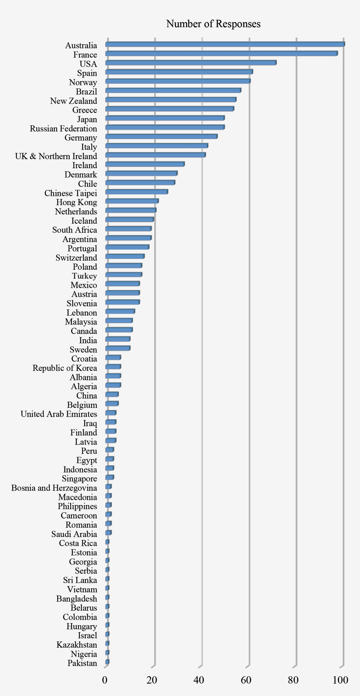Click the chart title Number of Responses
click(x=213, y=24)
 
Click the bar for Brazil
click(x=173, y=91)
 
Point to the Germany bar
click(x=161, y=137)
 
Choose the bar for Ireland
click(x=145, y=164)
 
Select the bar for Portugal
click(x=127, y=247)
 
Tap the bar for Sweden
click(x=118, y=348)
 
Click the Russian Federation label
click(x=63, y=129)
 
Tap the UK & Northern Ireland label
click(x=56, y=156)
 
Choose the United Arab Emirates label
click(x=59, y=414)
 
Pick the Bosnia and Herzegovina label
click(x=54, y=488)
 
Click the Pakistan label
click(x=82, y=663)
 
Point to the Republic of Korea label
click(x=65, y=368)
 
